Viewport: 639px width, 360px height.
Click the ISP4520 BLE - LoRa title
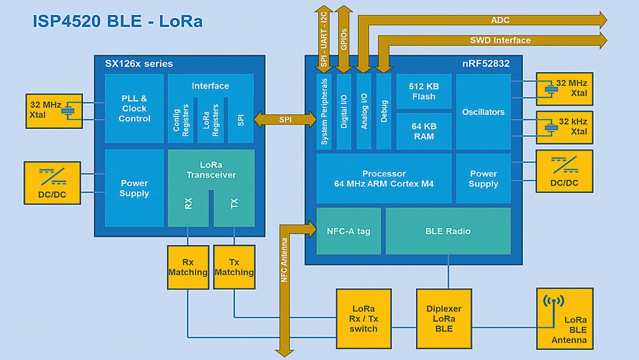(x=118, y=21)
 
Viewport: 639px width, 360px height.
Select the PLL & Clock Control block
(x=134, y=108)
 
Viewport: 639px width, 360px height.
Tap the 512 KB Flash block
(x=424, y=91)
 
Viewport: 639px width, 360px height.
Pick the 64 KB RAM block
(x=424, y=131)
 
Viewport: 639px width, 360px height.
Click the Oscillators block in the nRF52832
(x=483, y=112)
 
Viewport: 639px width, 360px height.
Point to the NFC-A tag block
(x=348, y=231)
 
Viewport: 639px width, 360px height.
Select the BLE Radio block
(x=448, y=231)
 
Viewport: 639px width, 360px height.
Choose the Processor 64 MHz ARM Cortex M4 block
(x=384, y=178)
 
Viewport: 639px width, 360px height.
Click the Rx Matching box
(x=188, y=267)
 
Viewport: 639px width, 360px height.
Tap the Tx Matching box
(x=234, y=267)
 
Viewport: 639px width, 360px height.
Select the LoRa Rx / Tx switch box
(x=363, y=319)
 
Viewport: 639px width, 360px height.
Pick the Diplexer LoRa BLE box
(x=444, y=319)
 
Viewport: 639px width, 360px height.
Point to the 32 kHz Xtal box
(x=565, y=127)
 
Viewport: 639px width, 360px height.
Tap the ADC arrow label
(x=500, y=20)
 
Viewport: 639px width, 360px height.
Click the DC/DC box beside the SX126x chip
(x=52, y=183)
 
